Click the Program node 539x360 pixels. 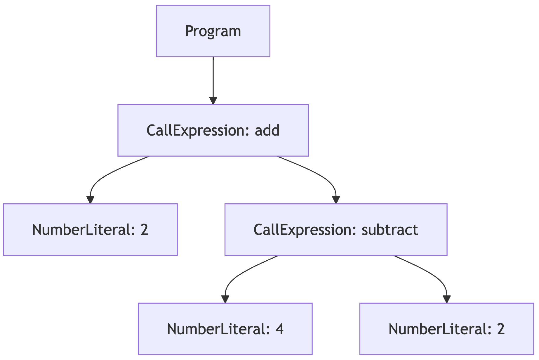point(213,31)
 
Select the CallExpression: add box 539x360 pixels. point(213,130)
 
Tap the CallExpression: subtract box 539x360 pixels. point(336,230)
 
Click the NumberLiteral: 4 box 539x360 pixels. point(225,329)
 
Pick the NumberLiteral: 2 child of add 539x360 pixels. point(90,230)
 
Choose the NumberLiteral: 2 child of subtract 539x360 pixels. point(446,329)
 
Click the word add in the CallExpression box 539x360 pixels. point(267,131)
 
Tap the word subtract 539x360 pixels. point(390,230)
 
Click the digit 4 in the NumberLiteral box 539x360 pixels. point(279,329)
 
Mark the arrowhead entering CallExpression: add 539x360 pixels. point(213,101)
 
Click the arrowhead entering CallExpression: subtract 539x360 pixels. point(336,200)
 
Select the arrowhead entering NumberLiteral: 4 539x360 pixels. point(225,299)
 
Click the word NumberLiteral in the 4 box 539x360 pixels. point(216,329)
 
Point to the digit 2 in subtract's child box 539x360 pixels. point(501,329)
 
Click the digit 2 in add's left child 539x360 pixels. point(145,230)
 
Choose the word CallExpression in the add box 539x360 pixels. point(195,131)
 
